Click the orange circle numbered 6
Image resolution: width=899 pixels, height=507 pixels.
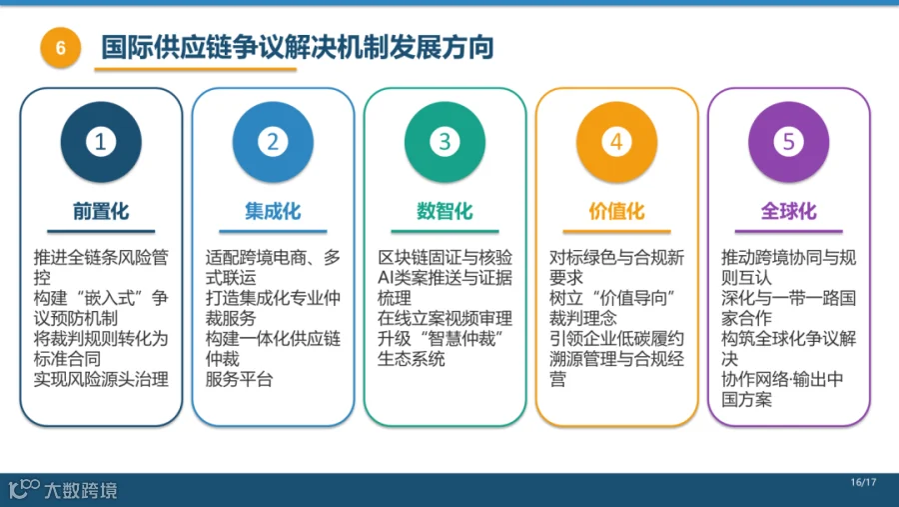pos(60,48)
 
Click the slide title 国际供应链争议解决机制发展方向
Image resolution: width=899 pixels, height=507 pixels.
pos(298,47)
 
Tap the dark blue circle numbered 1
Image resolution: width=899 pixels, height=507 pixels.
pos(101,142)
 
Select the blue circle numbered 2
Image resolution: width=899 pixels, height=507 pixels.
pos(273,142)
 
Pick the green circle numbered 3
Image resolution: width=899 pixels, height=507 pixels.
pos(445,142)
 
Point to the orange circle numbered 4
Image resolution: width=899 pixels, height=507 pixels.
pos(617,142)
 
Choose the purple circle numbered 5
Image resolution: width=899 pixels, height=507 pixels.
pos(789,142)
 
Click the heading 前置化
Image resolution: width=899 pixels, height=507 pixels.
pos(101,211)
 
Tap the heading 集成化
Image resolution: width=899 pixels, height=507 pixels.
pos(273,211)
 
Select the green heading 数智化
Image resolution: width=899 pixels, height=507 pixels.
pos(445,211)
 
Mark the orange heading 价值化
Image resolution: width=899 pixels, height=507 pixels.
pos(617,211)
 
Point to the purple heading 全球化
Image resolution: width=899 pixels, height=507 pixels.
pos(789,211)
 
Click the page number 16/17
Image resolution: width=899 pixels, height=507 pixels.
pos(863,482)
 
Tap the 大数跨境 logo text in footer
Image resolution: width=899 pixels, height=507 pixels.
pos(81,490)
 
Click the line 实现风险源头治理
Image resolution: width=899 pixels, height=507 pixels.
pos(101,379)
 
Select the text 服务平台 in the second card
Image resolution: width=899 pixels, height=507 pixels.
pos(239,379)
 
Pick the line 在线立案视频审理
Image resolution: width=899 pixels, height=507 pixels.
pos(445,318)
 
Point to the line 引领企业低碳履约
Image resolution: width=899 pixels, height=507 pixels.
pos(617,338)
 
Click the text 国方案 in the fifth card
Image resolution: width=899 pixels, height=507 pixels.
pos(746,399)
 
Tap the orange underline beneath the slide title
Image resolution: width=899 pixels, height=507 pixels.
pos(196,69)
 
